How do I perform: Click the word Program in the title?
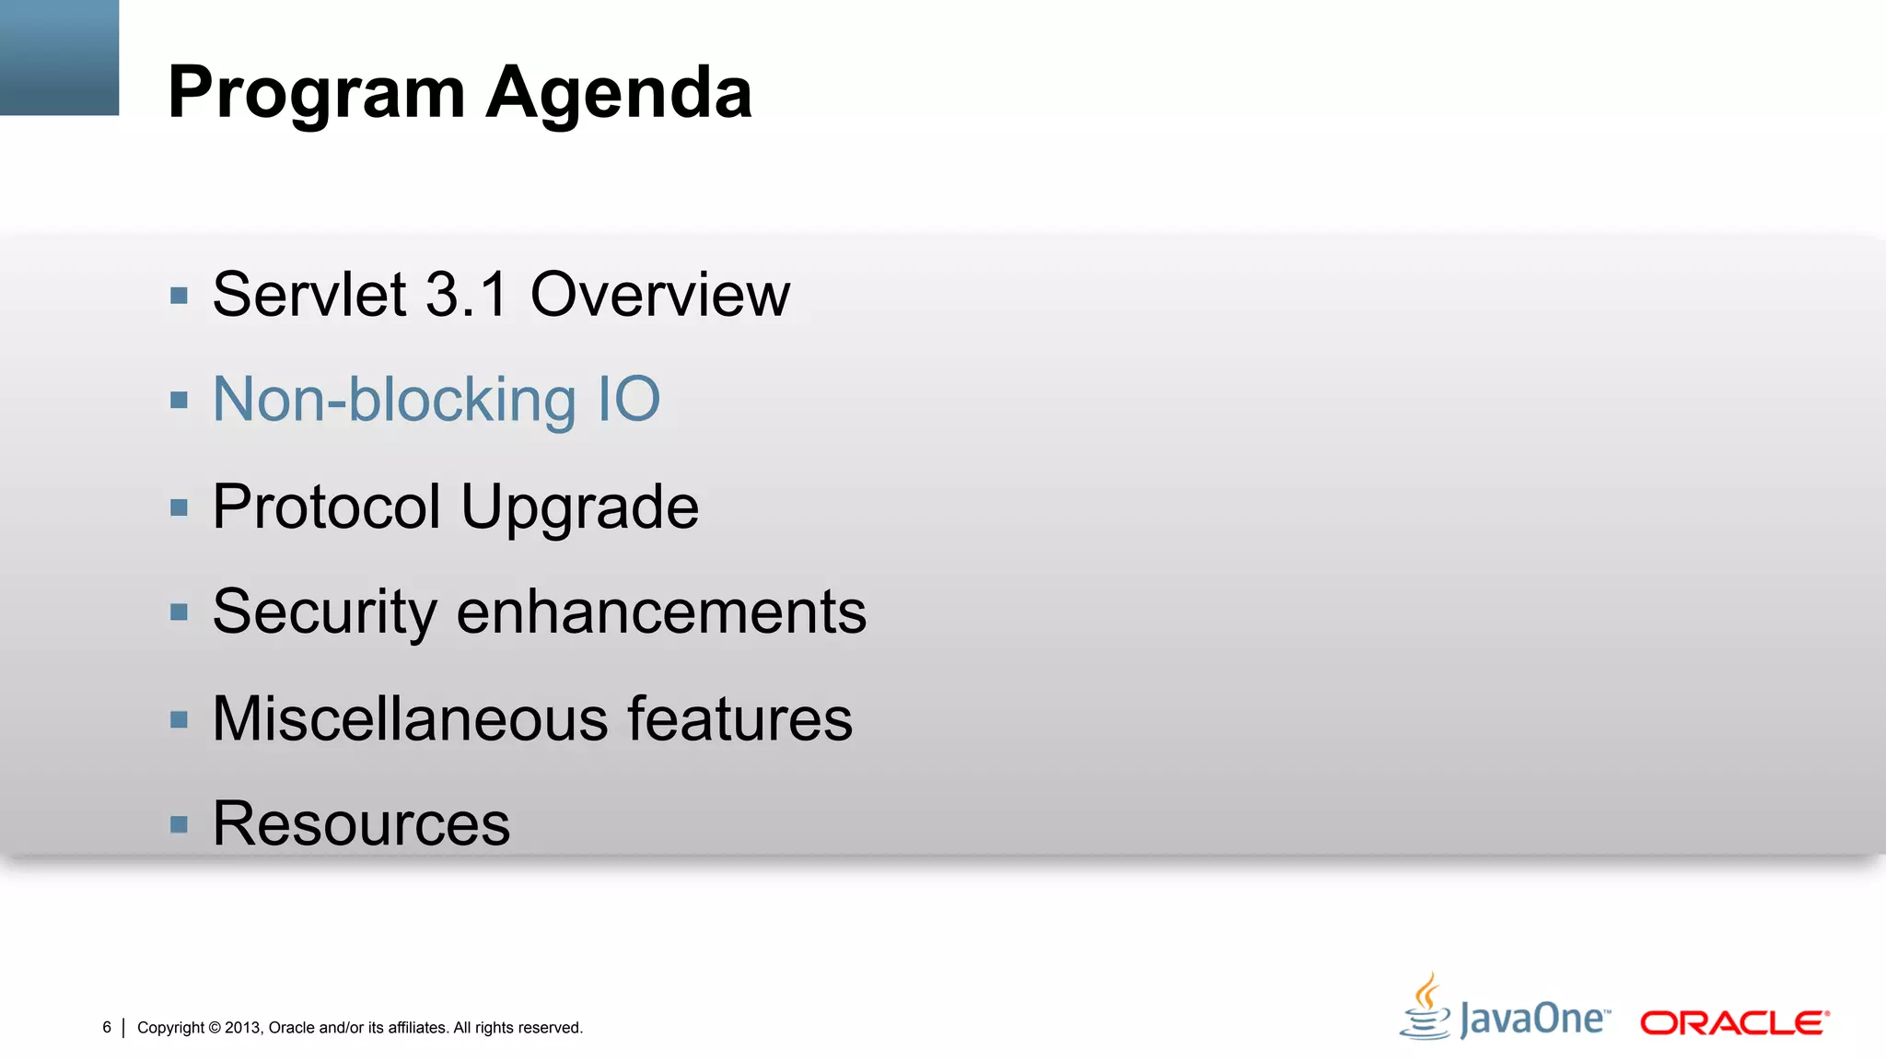click(317, 94)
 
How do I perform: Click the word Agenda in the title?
click(619, 94)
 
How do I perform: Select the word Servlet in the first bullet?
click(309, 295)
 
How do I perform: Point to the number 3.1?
click(467, 295)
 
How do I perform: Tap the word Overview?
click(659, 295)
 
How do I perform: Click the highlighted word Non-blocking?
click(394, 401)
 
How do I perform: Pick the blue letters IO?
click(629, 401)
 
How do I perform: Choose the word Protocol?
click(327, 507)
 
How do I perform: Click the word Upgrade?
click(579, 508)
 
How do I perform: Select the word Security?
click(324, 612)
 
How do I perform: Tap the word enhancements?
click(661, 612)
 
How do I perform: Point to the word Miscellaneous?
click(410, 718)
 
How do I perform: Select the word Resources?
click(361, 823)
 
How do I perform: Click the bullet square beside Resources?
click(180, 824)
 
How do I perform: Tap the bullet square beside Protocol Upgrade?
click(180, 507)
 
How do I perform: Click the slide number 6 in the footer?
click(107, 1027)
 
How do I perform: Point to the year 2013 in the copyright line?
click(243, 1028)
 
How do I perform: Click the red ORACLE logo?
click(1734, 1023)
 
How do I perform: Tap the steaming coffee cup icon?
click(1426, 1008)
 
